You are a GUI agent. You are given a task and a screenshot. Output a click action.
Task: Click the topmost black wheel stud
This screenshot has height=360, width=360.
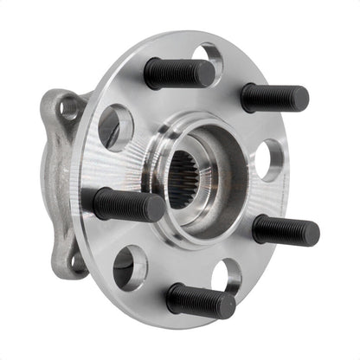(177, 74)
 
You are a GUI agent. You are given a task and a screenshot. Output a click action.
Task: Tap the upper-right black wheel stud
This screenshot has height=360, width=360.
(273, 97)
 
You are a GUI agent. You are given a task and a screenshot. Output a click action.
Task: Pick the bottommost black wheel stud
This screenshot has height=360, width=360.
(200, 299)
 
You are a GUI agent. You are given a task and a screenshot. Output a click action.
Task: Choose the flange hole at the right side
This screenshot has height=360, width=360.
(268, 160)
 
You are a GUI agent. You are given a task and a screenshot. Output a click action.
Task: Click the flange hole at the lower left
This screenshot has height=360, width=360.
(130, 267)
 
